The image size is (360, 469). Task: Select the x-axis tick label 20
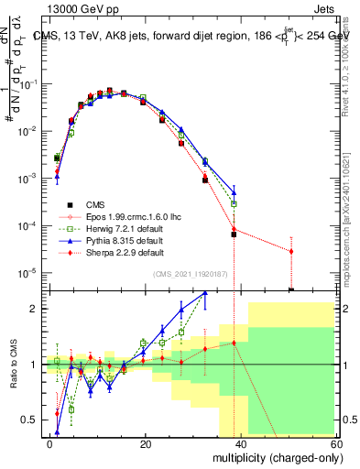tap(145, 443)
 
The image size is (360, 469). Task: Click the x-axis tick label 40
tap(240, 443)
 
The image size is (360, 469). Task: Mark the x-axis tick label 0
tap(49, 443)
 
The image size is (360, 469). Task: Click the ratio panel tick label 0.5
tap(28, 420)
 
